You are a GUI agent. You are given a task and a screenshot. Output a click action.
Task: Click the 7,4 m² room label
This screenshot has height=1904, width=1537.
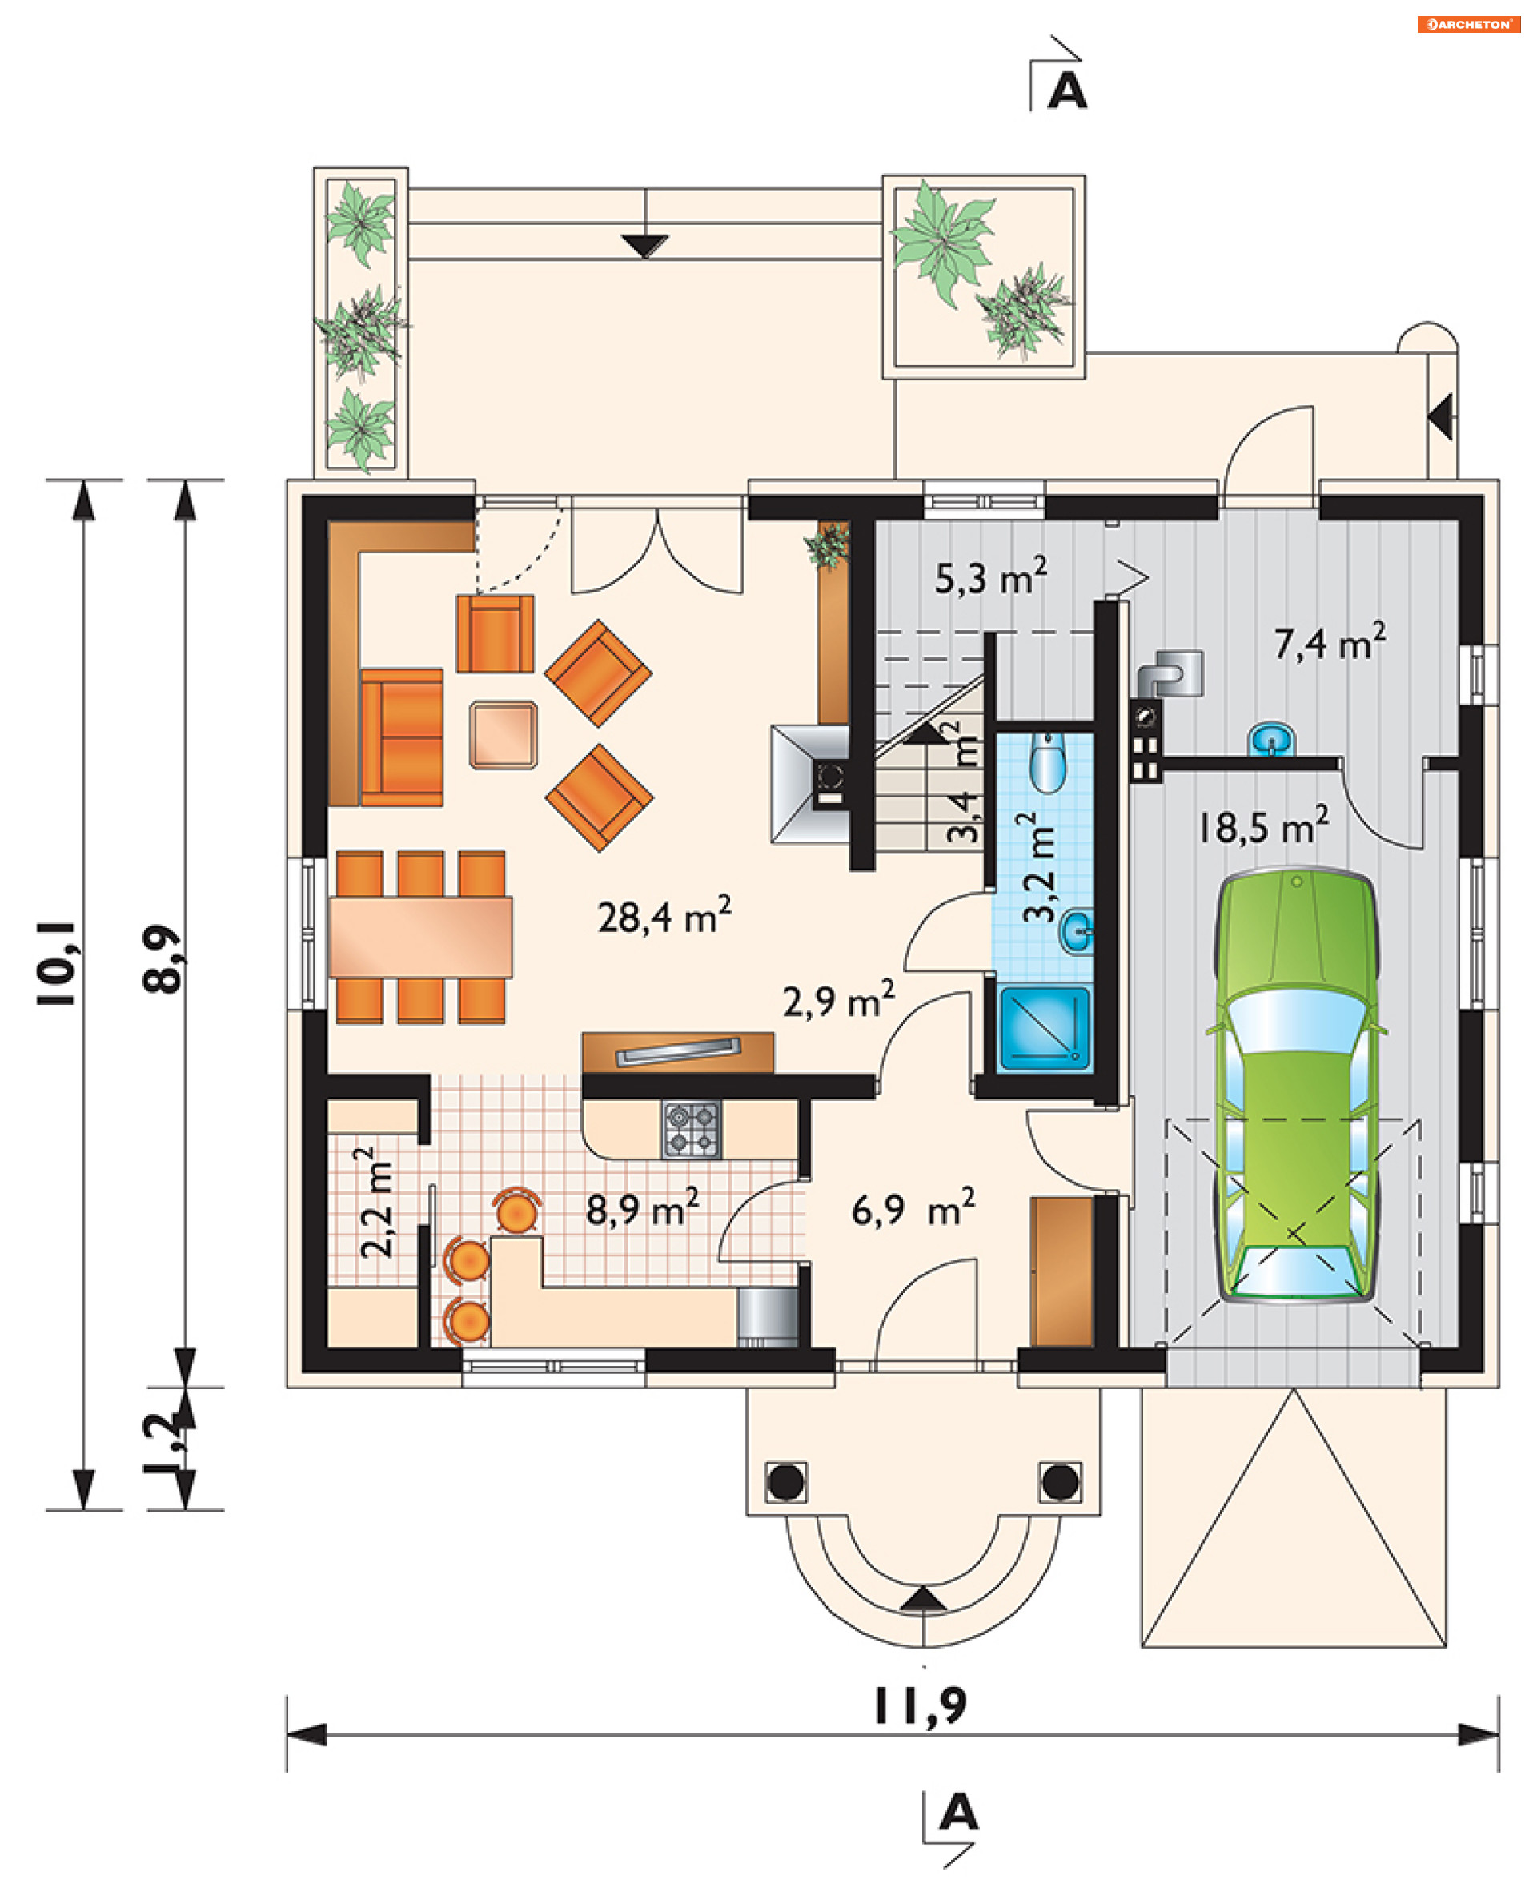pos(1329,642)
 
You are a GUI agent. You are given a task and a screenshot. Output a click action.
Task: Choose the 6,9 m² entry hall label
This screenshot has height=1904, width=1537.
pos(913,1209)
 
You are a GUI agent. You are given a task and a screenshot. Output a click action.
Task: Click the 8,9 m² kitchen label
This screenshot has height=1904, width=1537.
pos(642,1209)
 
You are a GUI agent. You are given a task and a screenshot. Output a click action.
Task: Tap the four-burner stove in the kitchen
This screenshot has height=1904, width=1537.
pos(692,1129)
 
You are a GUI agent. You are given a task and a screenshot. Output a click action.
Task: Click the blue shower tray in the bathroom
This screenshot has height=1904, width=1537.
pos(1044,1028)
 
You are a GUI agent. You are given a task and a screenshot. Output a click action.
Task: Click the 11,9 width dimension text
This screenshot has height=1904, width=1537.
pos(921,1706)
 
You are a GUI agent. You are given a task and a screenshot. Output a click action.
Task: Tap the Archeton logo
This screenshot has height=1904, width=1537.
pos(1469,24)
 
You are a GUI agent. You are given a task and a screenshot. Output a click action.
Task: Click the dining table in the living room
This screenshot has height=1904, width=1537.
pos(419,937)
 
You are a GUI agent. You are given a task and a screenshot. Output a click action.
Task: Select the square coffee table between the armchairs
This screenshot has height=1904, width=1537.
pos(503,734)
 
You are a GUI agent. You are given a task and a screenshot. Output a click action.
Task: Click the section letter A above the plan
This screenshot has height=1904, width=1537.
pos(1067,90)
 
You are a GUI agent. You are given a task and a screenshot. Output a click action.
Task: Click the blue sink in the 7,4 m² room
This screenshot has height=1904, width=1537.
pos(1271,740)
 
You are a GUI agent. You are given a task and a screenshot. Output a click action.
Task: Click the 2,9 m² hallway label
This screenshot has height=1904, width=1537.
pos(838,1000)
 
